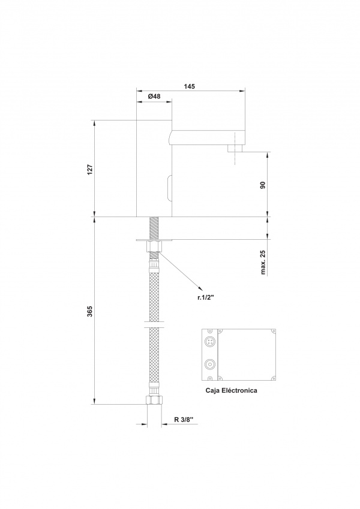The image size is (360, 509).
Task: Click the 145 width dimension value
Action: (189, 86)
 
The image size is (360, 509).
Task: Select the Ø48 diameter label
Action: (154, 97)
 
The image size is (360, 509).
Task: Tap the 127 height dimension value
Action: (90, 169)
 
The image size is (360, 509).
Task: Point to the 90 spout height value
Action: (263, 185)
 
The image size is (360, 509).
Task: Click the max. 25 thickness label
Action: (263, 262)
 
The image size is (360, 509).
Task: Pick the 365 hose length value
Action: (90, 311)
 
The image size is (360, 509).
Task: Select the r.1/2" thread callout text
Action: (206, 296)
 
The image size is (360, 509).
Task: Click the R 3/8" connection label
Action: (184, 419)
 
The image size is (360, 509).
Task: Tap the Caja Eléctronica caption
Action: (231, 390)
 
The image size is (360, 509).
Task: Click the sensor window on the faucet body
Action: (169, 188)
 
